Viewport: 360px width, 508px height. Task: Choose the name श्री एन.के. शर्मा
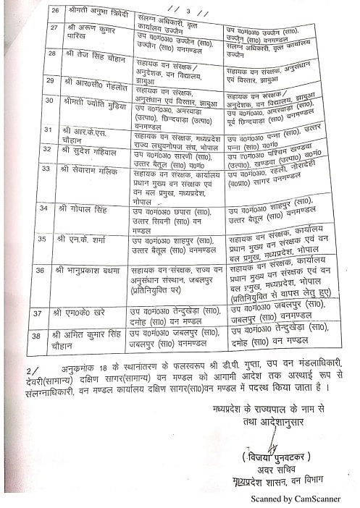(88, 238)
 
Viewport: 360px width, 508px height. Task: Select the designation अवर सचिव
(274, 470)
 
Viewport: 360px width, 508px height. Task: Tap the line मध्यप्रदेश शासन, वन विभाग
(275, 483)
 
